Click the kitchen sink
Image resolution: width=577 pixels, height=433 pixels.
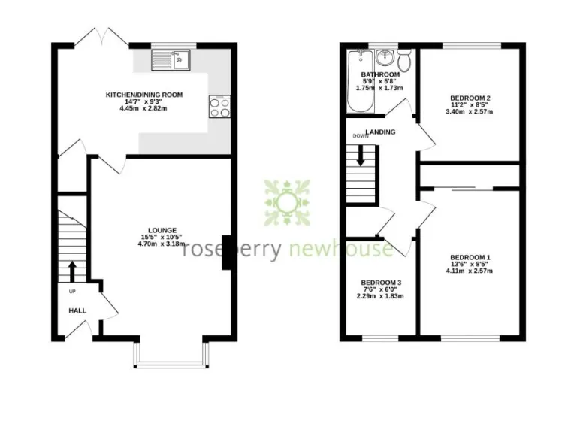click(x=171, y=61)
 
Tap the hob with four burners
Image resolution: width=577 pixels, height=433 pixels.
click(x=220, y=107)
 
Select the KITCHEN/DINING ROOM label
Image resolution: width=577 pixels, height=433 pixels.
click(x=143, y=95)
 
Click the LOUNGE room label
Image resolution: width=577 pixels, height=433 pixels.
click(x=162, y=230)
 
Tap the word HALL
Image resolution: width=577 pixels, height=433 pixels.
click(x=77, y=310)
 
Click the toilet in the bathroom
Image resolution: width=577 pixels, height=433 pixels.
click(x=405, y=59)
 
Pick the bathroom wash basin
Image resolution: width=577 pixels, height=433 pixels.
click(x=385, y=58)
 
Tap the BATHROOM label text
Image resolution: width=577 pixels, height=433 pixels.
click(x=379, y=75)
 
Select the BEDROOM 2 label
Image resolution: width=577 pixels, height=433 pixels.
click(x=470, y=98)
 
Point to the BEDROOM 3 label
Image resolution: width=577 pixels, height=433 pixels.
click(x=380, y=283)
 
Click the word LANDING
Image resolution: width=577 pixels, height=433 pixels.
click(x=380, y=132)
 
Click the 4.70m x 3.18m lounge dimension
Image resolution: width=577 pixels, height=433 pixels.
click(x=162, y=244)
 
